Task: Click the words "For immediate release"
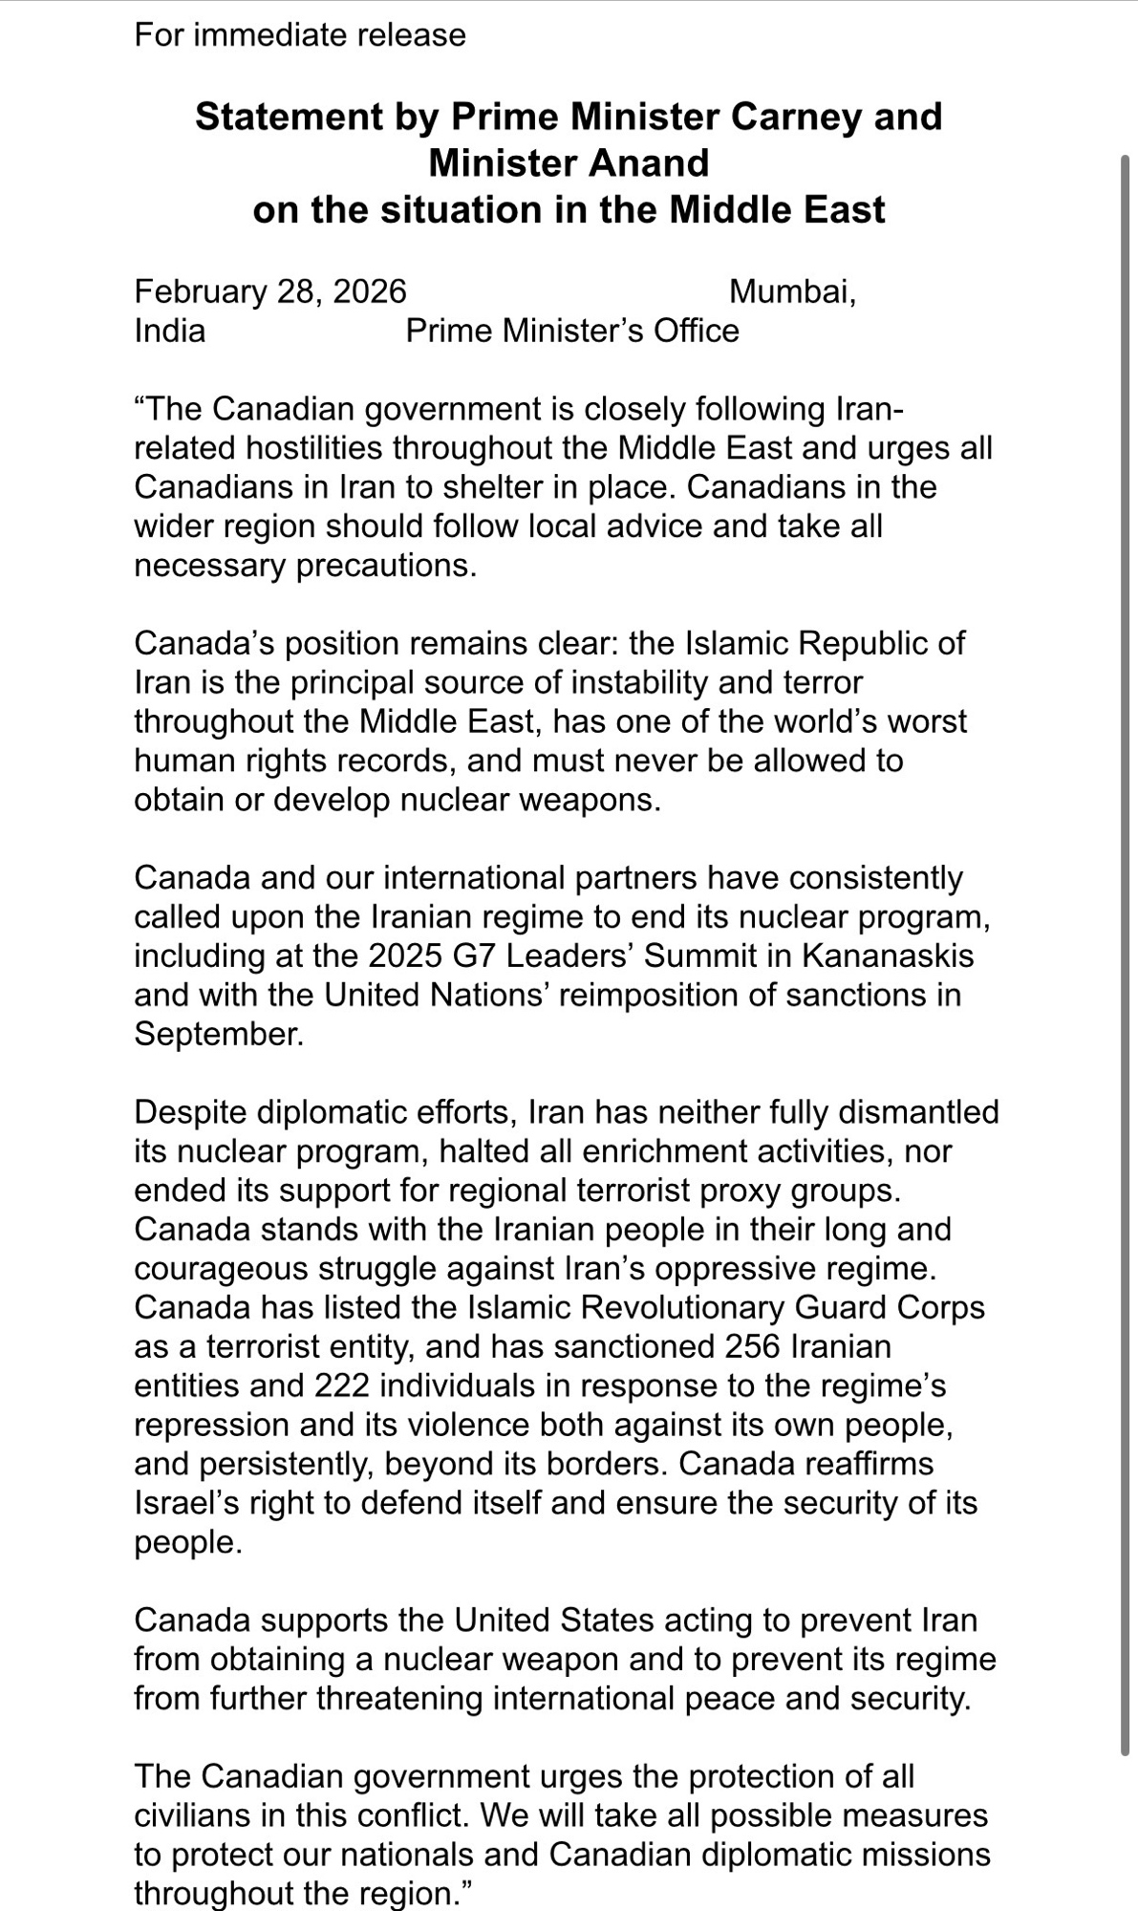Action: tap(300, 35)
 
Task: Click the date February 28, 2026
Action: tap(270, 291)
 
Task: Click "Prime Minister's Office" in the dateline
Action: tap(572, 331)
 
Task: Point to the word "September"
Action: tap(219, 1034)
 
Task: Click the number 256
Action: tap(753, 1346)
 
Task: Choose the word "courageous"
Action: tap(224, 1269)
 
